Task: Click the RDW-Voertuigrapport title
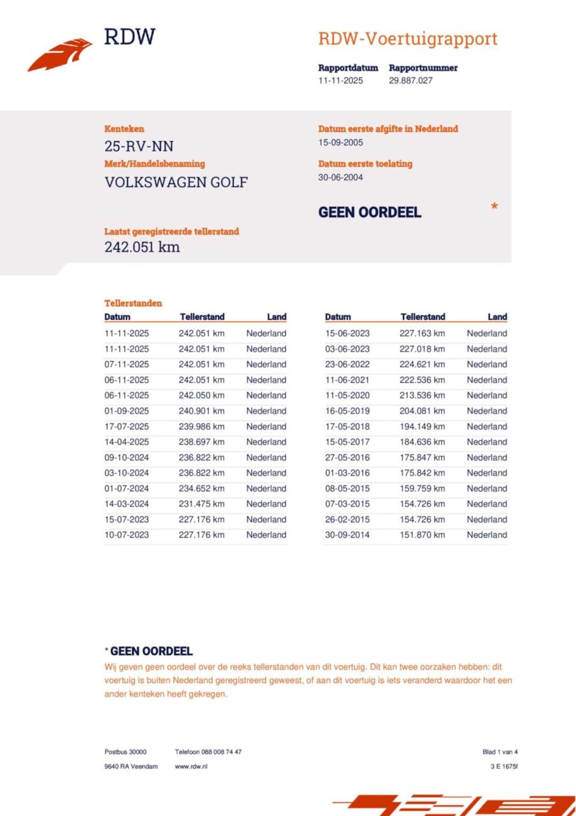click(x=408, y=39)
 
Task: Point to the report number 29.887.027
click(x=410, y=81)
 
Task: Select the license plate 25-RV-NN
click(x=139, y=146)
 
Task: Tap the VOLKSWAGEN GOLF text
click(x=176, y=182)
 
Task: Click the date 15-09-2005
click(x=340, y=142)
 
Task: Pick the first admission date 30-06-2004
click(x=340, y=177)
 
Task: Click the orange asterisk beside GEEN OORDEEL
click(x=494, y=207)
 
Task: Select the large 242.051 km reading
click(x=142, y=247)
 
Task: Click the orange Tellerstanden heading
click(x=133, y=303)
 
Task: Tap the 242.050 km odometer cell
click(x=201, y=395)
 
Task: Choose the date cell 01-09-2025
click(x=126, y=411)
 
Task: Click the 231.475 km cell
click(x=201, y=504)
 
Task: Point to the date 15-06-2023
click(x=347, y=333)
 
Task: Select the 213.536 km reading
click(x=422, y=395)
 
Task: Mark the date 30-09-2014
click(x=347, y=535)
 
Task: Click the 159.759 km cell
click(x=422, y=489)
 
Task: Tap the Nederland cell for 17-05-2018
click(x=486, y=426)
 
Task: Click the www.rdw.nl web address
click(x=191, y=766)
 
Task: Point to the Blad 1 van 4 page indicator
click(x=500, y=752)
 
